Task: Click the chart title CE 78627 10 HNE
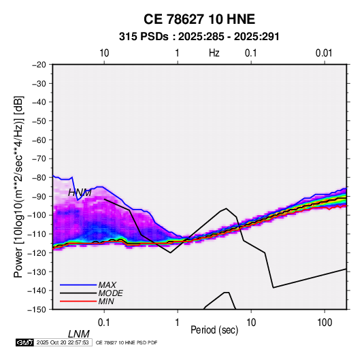[x=199, y=19]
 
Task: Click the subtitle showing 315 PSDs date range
[x=199, y=37]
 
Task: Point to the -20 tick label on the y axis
[x=39, y=65]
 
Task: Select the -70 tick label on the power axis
[x=39, y=159]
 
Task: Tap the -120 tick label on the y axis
[x=37, y=252]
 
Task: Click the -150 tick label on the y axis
[x=37, y=310]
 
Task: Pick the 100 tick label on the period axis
[x=325, y=323]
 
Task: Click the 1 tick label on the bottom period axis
[x=178, y=323]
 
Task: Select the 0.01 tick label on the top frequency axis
[x=324, y=53]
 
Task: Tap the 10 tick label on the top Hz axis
[x=104, y=53]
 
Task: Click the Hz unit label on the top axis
[x=214, y=53]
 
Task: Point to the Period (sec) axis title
[x=214, y=330]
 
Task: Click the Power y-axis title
[x=18, y=186]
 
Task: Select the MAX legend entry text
[x=107, y=285]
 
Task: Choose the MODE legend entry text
[x=110, y=293]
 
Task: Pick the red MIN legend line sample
[x=78, y=301]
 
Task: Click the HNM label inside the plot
[x=80, y=193]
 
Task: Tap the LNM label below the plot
[x=78, y=334]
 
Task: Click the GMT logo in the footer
[x=25, y=342]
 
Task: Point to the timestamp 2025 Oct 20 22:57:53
[x=63, y=342]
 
